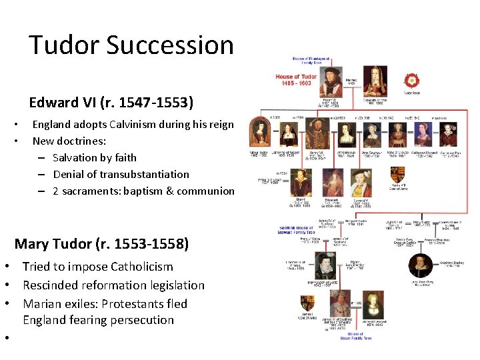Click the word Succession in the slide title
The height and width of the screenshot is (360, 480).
point(169,45)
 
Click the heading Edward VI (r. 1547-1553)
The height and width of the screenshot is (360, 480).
point(111,103)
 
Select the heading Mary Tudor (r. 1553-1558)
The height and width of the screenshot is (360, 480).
point(101,243)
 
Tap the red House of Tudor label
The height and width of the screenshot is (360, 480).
point(296,80)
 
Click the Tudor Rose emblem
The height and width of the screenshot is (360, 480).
point(411,81)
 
